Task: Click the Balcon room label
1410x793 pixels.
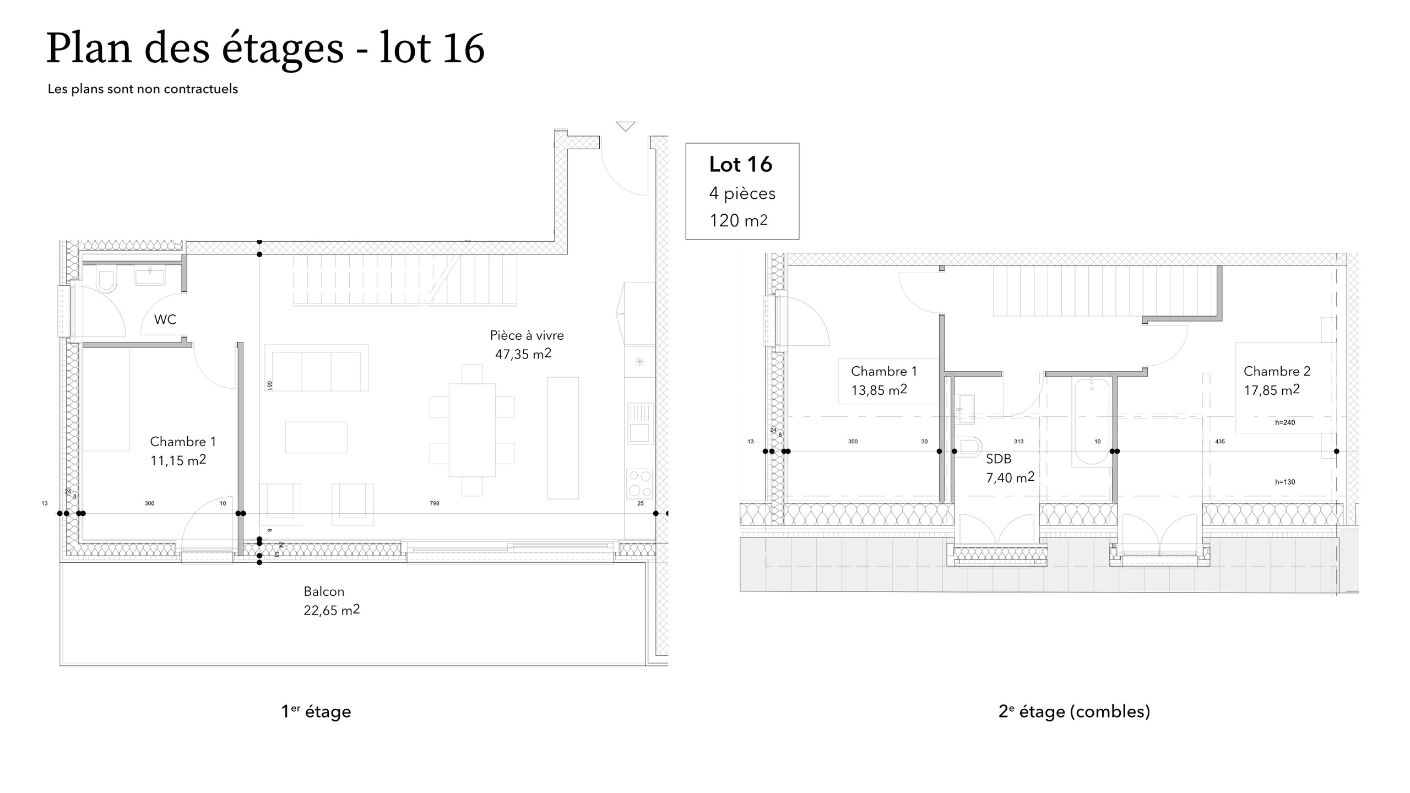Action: pyautogui.click(x=324, y=591)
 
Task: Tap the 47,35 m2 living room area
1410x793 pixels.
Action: pyautogui.click(x=523, y=354)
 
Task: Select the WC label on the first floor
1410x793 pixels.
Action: pyautogui.click(x=165, y=319)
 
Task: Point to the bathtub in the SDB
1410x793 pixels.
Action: pyautogui.click(x=1093, y=422)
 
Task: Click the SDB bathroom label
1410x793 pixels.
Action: pyautogui.click(x=999, y=459)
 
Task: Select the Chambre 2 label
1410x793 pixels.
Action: pyautogui.click(x=1277, y=371)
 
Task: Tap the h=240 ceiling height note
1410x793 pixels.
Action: pyautogui.click(x=1285, y=423)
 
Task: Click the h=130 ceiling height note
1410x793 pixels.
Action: pyautogui.click(x=1285, y=482)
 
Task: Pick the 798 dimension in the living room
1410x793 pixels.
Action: pyautogui.click(x=435, y=503)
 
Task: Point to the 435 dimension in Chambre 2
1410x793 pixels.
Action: pyautogui.click(x=1220, y=442)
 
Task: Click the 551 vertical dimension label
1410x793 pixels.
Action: pyautogui.click(x=269, y=385)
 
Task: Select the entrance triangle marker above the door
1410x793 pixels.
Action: pyautogui.click(x=626, y=127)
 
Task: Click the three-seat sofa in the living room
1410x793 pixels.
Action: pyautogui.click(x=316, y=368)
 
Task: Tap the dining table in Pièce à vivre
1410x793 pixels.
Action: pyautogui.click(x=472, y=430)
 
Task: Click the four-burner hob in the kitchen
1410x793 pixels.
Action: pyautogui.click(x=640, y=484)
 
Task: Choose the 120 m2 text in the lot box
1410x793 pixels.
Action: pyautogui.click(x=738, y=220)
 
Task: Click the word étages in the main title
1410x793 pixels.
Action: pyautogui.click(x=283, y=48)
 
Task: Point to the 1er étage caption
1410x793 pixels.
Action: pyautogui.click(x=316, y=711)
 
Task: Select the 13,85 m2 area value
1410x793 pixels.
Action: pyautogui.click(x=879, y=390)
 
